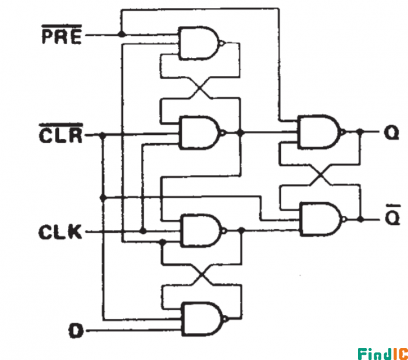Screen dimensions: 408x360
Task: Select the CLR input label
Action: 61,134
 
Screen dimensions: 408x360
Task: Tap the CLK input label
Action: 60,232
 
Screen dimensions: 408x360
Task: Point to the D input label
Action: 76,331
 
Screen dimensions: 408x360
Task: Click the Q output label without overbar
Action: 391,133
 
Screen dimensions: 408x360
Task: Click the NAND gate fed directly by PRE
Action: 199,43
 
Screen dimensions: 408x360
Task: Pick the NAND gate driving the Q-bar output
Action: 321,219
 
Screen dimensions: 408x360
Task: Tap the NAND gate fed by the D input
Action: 202,319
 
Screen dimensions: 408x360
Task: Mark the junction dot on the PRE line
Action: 122,34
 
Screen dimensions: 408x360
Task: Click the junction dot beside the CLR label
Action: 103,136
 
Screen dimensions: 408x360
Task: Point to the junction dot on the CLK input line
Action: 143,231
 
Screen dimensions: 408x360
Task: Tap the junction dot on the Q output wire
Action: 360,132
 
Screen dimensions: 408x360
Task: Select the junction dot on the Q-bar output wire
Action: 360,219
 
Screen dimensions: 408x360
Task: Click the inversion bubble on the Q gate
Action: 343,132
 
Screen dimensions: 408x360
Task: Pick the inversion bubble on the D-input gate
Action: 226,319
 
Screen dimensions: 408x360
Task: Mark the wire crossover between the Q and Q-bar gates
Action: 320,174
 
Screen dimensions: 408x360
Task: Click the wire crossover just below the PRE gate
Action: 200,88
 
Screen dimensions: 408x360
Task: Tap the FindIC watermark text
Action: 383,353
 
